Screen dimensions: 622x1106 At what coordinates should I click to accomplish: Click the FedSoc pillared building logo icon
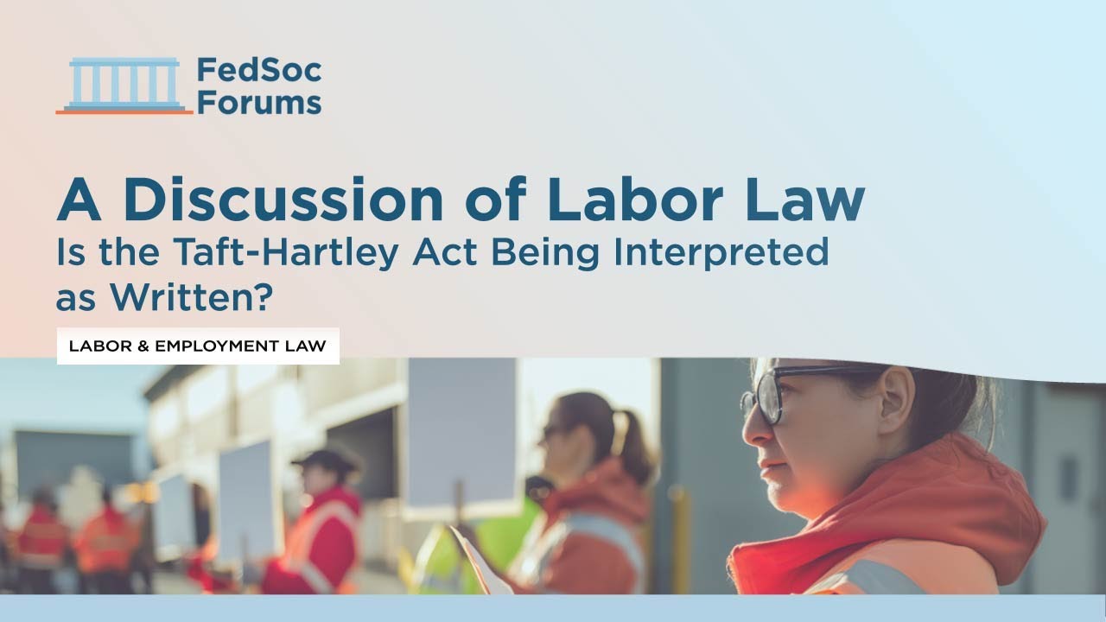(x=124, y=86)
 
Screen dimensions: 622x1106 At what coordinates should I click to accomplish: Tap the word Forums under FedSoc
(x=258, y=103)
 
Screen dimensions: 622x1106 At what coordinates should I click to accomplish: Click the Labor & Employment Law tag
(x=198, y=346)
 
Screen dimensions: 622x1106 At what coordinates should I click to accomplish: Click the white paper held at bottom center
(x=470, y=562)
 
